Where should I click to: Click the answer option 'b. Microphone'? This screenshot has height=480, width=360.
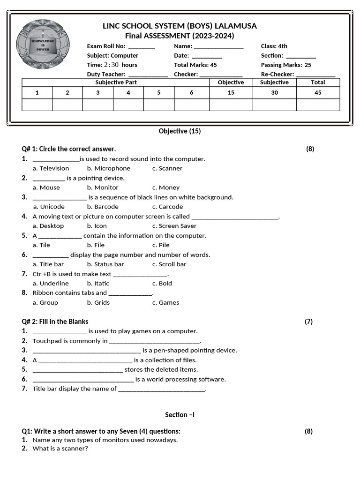[108, 168]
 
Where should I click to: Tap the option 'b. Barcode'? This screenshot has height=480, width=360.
[103, 207]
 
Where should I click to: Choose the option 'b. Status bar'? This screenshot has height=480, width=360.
[105, 264]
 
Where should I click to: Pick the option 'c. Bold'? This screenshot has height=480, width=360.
[162, 284]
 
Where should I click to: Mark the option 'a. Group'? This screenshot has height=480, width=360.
[45, 303]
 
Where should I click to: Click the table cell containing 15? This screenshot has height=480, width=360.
[231, 93]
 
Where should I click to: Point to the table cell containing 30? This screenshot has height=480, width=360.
[274, 93]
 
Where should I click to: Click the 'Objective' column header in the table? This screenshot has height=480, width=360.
[231, 82]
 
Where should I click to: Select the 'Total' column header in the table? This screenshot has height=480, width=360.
[318, 82]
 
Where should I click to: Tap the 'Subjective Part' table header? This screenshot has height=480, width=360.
[116, 82]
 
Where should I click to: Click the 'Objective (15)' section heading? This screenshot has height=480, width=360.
[180, 131]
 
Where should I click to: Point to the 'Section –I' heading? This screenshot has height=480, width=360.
[180, 415]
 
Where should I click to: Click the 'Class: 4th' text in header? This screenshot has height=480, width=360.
[274, 46]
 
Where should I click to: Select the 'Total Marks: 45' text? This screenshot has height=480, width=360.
[195, 65]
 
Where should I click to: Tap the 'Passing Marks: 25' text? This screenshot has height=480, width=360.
[286, 65]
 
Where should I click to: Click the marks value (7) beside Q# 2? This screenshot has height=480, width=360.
[308, 322]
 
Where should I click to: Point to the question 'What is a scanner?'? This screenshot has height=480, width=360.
[60, 449]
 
